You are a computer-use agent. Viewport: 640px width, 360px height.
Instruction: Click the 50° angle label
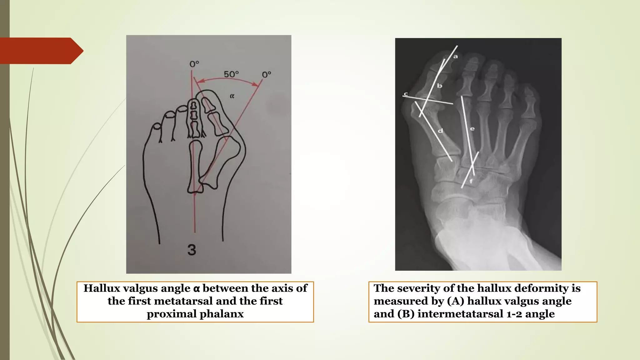click(231, 74)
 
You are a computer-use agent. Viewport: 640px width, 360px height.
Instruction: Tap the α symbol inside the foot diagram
click(232, 96)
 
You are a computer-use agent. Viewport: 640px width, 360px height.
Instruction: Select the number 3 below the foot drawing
click(192, 250)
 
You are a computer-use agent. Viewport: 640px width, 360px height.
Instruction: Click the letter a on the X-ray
click(456, 57)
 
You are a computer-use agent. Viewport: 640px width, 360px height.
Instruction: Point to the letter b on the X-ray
click(439, 86)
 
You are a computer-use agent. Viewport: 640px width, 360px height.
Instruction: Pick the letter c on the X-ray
click(406, 94)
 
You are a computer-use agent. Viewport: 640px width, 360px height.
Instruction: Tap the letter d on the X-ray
click(440, 131)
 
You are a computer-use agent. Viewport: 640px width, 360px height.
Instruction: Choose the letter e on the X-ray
click(472, 128)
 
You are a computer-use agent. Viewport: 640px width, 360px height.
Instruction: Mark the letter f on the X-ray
click(471, 181)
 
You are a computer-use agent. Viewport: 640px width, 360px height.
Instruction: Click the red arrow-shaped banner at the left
click(41, 51)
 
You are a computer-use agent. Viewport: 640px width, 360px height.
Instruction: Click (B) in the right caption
click(406, 314)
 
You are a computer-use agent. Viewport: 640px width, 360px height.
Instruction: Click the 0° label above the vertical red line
click(194, 64)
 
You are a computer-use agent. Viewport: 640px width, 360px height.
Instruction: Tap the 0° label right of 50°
click(267, 75)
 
